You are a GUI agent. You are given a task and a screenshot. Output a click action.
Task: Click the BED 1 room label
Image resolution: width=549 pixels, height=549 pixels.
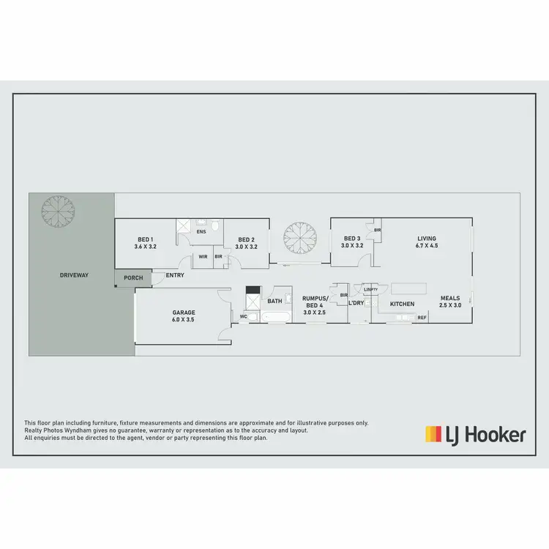[x=145, y=239]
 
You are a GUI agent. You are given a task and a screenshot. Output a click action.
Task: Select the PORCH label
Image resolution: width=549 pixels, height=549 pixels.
[x=133, y=278]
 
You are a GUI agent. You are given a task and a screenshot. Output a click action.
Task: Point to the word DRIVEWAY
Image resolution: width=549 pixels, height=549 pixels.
[x=74, y=275]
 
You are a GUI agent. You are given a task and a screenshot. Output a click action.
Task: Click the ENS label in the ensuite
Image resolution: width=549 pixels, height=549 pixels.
[x=201, y=232]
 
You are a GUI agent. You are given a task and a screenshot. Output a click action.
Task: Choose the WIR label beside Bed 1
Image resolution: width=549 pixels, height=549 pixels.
[x=203, y=257]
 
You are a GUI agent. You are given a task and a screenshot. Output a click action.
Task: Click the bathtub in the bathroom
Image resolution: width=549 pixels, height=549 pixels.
[x=277, y=317]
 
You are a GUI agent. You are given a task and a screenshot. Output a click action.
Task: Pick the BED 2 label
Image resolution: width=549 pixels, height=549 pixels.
[x=246, y=239]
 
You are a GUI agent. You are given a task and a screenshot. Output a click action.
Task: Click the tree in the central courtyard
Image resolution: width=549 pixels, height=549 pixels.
[x=299, y=236]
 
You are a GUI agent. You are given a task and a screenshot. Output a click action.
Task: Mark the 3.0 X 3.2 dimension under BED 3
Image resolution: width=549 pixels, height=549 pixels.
[x=352, y=246]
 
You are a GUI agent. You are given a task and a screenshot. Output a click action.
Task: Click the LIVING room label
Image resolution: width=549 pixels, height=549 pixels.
[x=427, y=239]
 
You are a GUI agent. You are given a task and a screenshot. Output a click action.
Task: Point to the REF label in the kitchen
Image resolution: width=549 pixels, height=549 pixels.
[x=422, y=318]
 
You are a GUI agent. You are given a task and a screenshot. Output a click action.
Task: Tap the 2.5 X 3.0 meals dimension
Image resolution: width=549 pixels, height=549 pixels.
[x=450, y=305]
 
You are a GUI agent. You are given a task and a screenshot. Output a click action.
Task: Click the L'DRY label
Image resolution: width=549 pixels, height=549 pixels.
[x=356, y=303]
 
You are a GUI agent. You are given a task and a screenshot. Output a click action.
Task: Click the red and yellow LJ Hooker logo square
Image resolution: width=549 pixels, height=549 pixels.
[x=433, y=434]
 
